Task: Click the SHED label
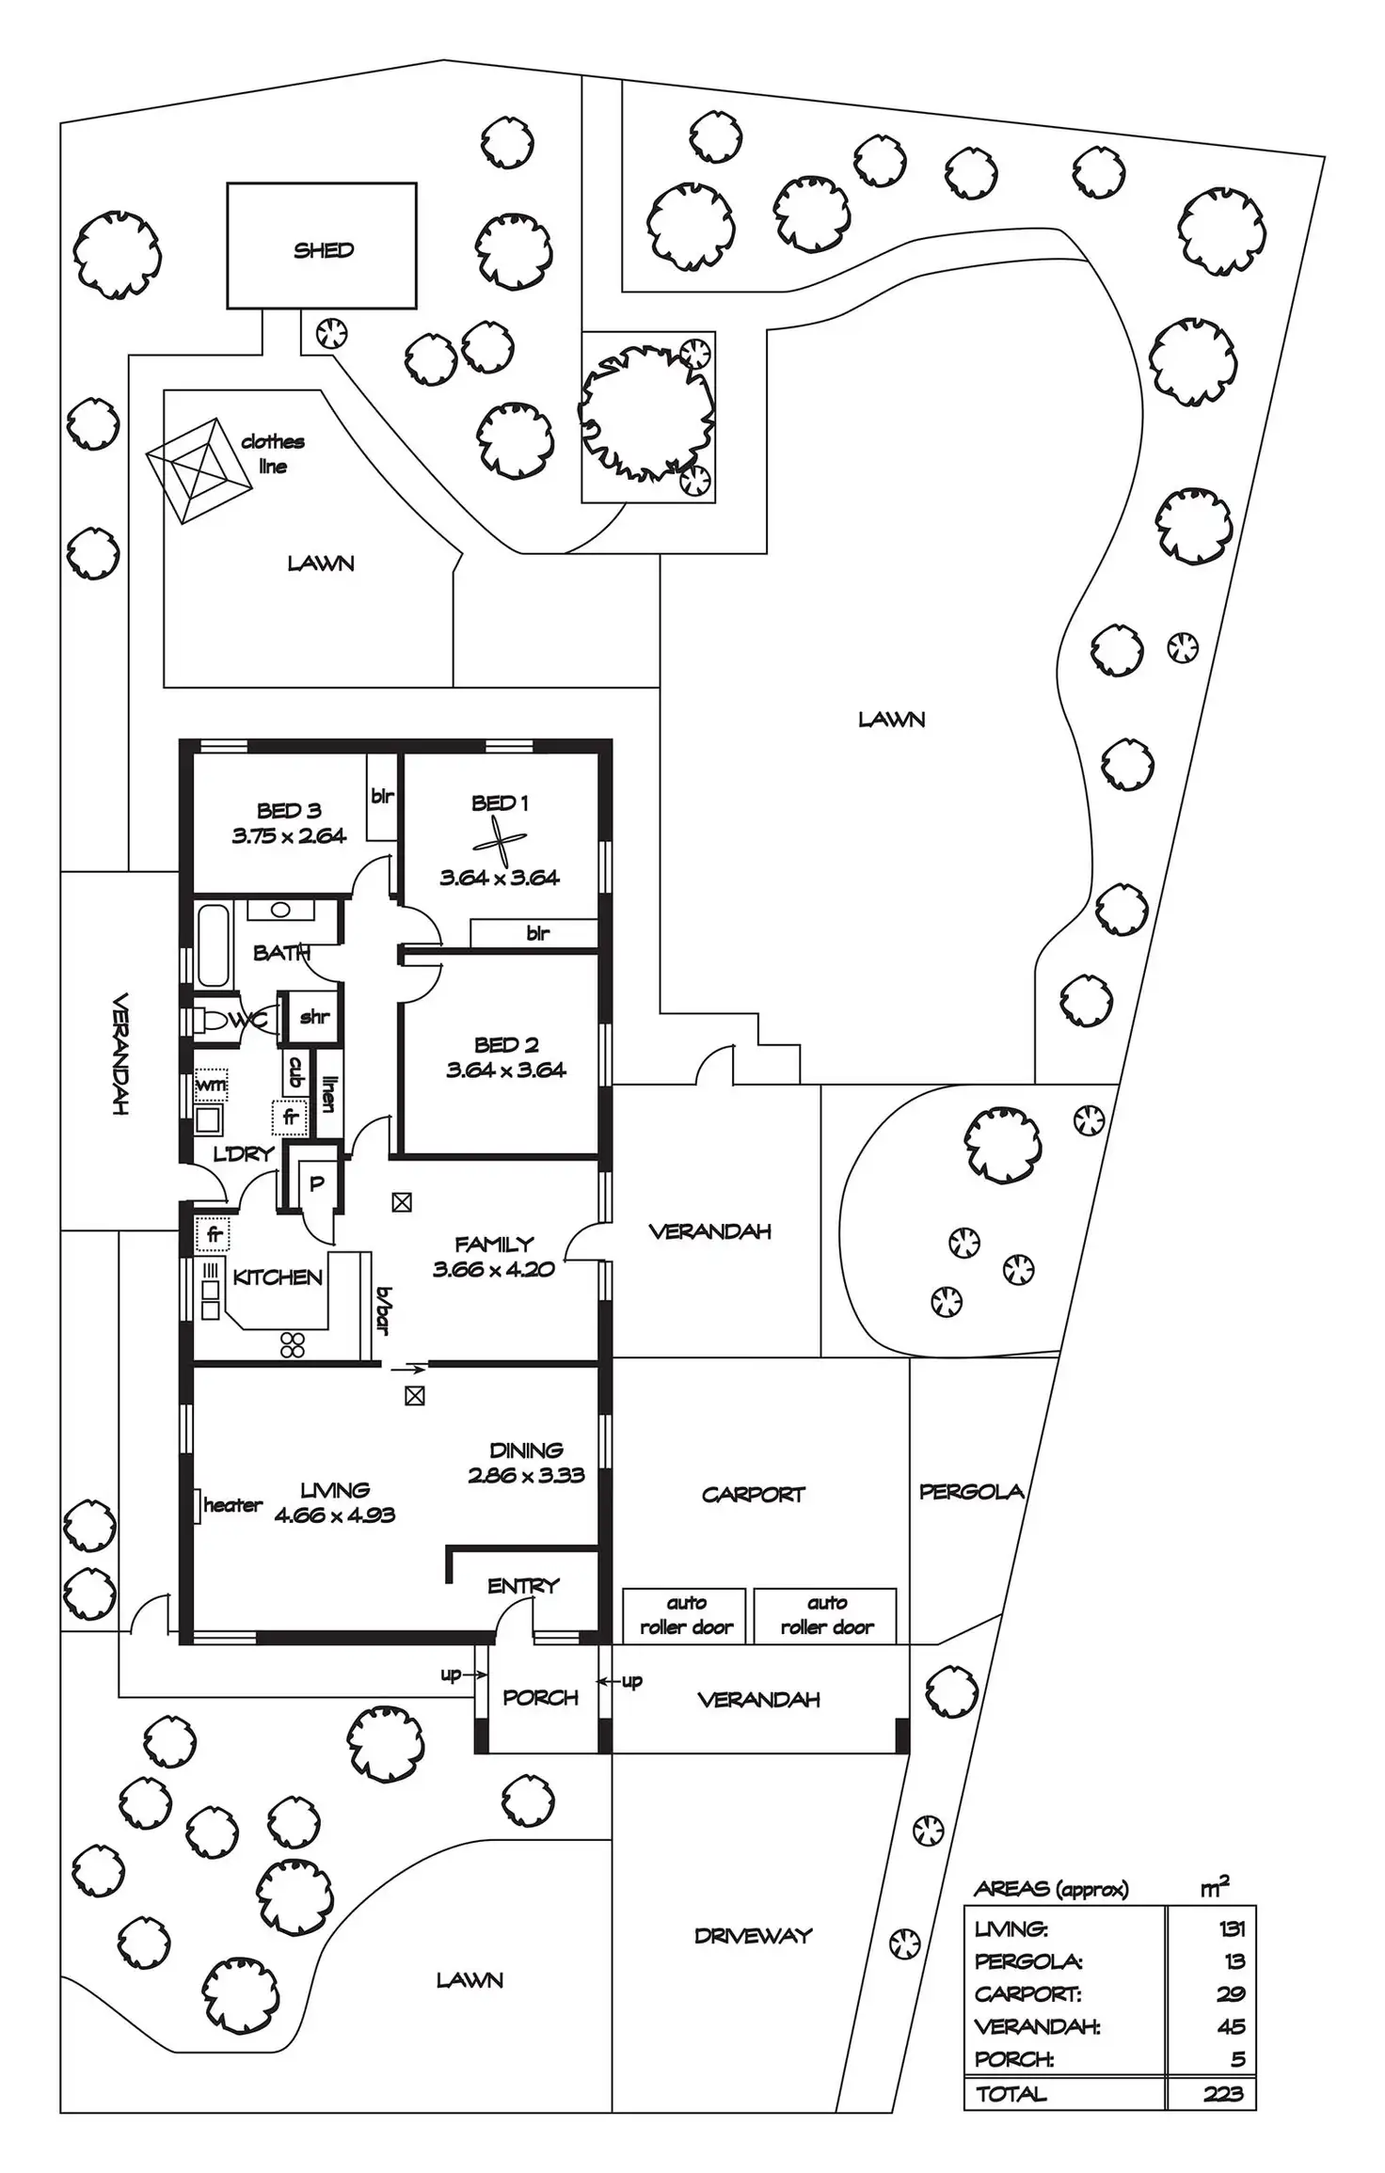pos(324,250)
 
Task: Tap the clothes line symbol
pos(200,469)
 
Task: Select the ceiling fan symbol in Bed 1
pos(499,840)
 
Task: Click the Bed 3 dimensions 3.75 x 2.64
pos(289,835)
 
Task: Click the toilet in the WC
pos(217,1020)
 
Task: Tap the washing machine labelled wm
pos(211,1084)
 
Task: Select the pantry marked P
pos(316,1183)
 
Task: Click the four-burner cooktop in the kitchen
pos(293,1345)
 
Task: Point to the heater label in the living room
pos(232,1505)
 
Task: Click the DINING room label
pos(526,1450)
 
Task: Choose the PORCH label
pos(540,1697)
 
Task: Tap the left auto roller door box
pos(684,1616)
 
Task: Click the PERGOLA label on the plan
pos(971,1491)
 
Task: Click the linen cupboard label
pos(328,1093)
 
